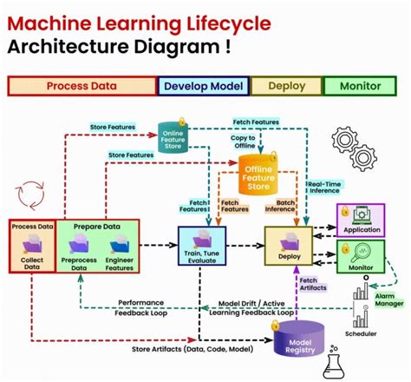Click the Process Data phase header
[82, 86]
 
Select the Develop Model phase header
[203, 86]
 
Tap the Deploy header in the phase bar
[285, 86]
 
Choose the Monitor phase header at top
[359, 86]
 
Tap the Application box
[362, 222]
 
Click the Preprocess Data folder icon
[80, 246]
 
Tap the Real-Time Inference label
[323, 188]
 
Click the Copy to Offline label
[244, 141]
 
